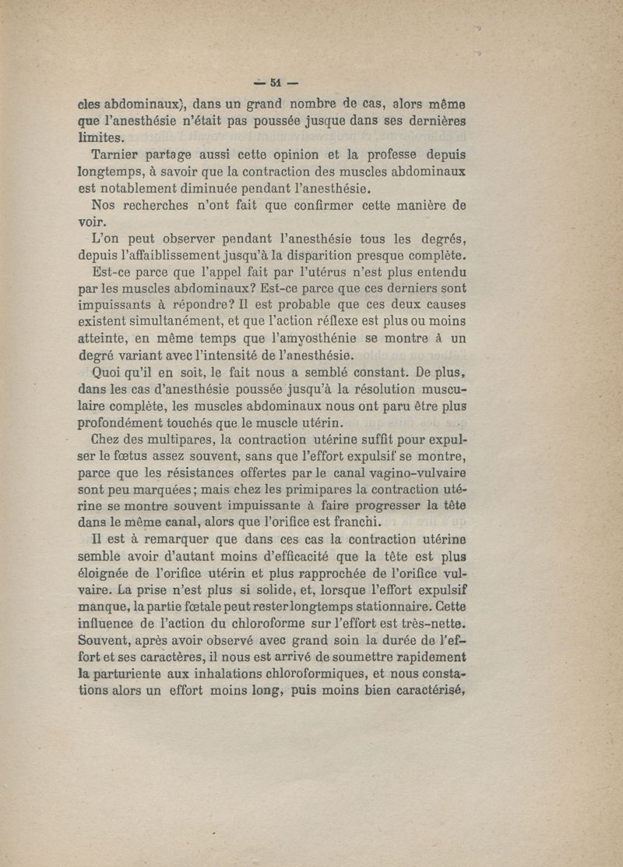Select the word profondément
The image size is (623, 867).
[122, 423]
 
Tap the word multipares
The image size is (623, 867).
[174, 440]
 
